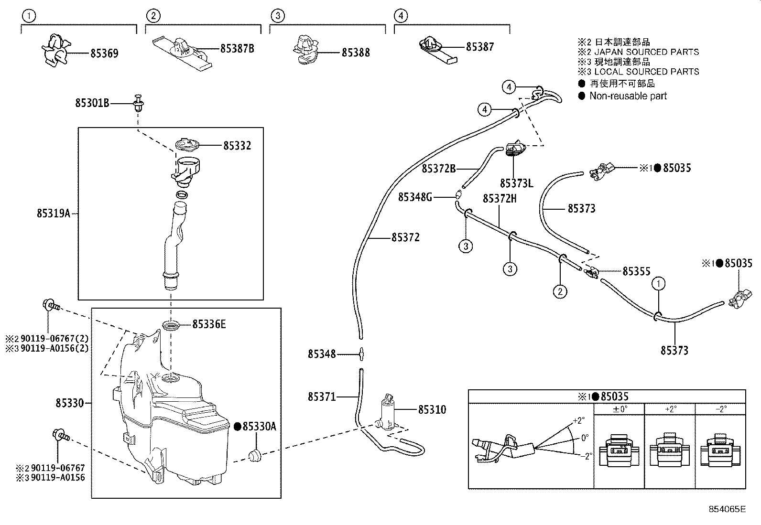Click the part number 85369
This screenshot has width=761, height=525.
pos(104,54)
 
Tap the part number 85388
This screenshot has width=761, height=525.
pos(356,53)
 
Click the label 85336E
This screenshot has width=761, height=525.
pos(209,324)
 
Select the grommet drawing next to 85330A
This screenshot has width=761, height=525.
pos(255,455)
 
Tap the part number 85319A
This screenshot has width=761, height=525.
pos(54,214)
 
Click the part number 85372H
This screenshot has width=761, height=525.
pos(500,198)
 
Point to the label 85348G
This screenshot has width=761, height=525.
pos(415,197)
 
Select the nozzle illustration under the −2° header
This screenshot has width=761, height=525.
pos(720,452)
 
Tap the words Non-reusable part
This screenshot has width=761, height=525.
pos(628,96)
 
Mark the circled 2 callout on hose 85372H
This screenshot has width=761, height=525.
pos(560,291)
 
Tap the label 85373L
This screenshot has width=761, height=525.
pos(516,183)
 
